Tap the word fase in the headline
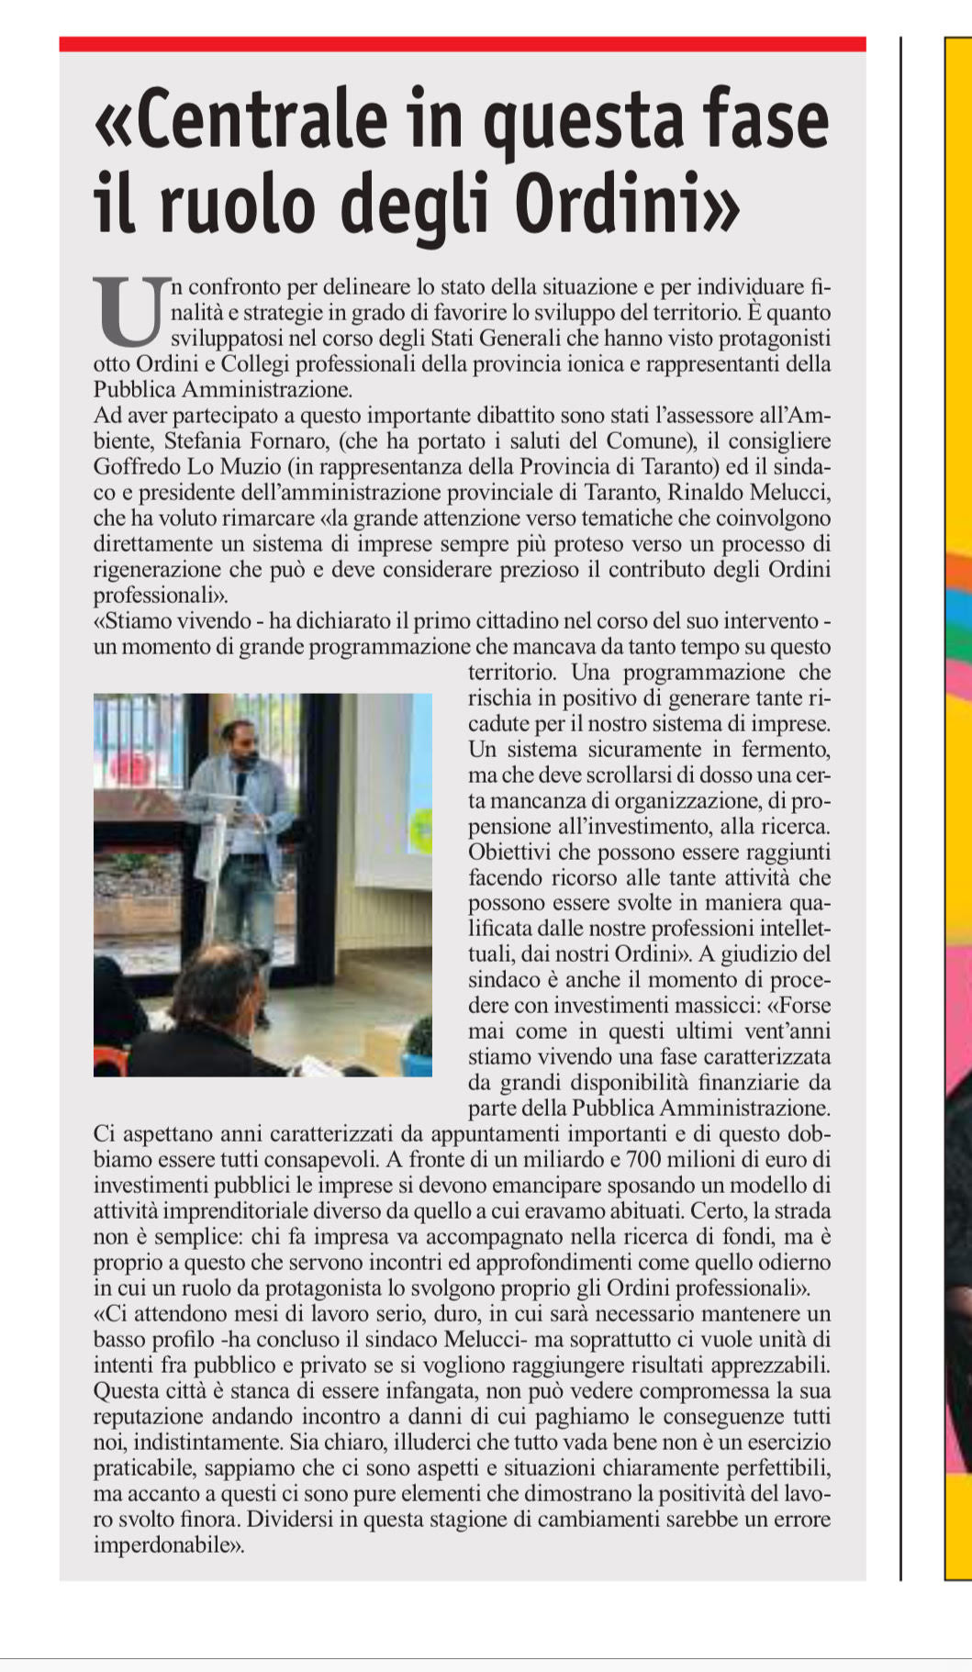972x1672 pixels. tap(754, 119)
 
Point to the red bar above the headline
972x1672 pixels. tap(462, 43)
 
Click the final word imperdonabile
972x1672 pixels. tap(166, 1544)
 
